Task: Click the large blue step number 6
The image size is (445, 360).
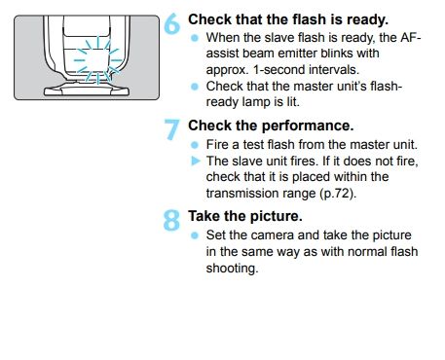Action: coord(172,23)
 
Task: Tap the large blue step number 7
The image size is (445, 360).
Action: coord(171,129)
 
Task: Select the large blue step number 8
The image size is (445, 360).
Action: coord(171,220)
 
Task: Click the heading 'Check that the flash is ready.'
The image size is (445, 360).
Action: coord(288,19)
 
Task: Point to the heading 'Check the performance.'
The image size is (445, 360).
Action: coord(271,126)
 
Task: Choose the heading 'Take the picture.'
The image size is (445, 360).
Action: coord(245,216)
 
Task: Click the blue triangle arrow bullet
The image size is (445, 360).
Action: coord(196,161)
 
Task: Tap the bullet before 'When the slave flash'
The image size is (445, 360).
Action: coord(195,38)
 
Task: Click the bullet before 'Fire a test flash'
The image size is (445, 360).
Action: coord(195,145)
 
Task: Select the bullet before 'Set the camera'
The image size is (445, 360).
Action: coord(195,235)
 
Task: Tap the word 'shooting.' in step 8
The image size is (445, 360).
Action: coord(233,269)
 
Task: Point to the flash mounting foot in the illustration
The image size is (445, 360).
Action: coord(87,89)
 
